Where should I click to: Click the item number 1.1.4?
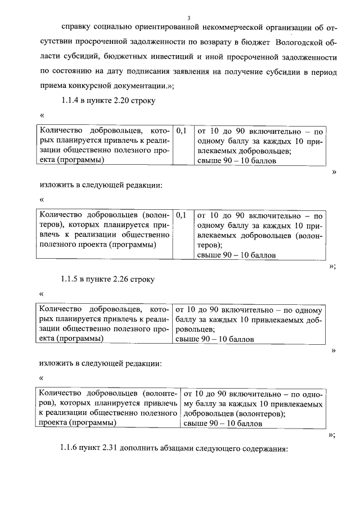click(71, 101)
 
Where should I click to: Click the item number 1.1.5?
click(71, 278)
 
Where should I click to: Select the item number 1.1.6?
click(71, 449)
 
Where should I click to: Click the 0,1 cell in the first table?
click(181, 130)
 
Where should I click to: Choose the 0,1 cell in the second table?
click(181, 215)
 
